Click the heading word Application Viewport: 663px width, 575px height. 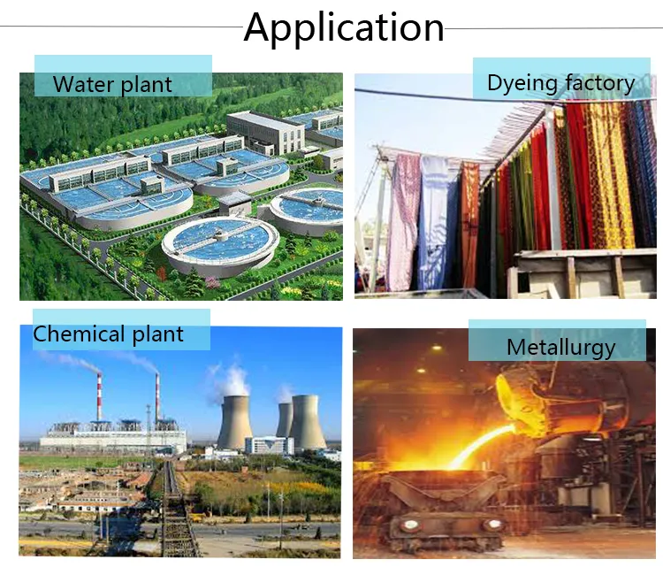coord(344,27)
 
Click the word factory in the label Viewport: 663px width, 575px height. coord(598,84)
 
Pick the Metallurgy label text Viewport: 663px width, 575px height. coord(560,346)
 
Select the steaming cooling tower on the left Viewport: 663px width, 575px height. coord(234,419)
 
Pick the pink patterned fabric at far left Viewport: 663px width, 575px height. coord(401,221)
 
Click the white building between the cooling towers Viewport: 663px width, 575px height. coord(264,445)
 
